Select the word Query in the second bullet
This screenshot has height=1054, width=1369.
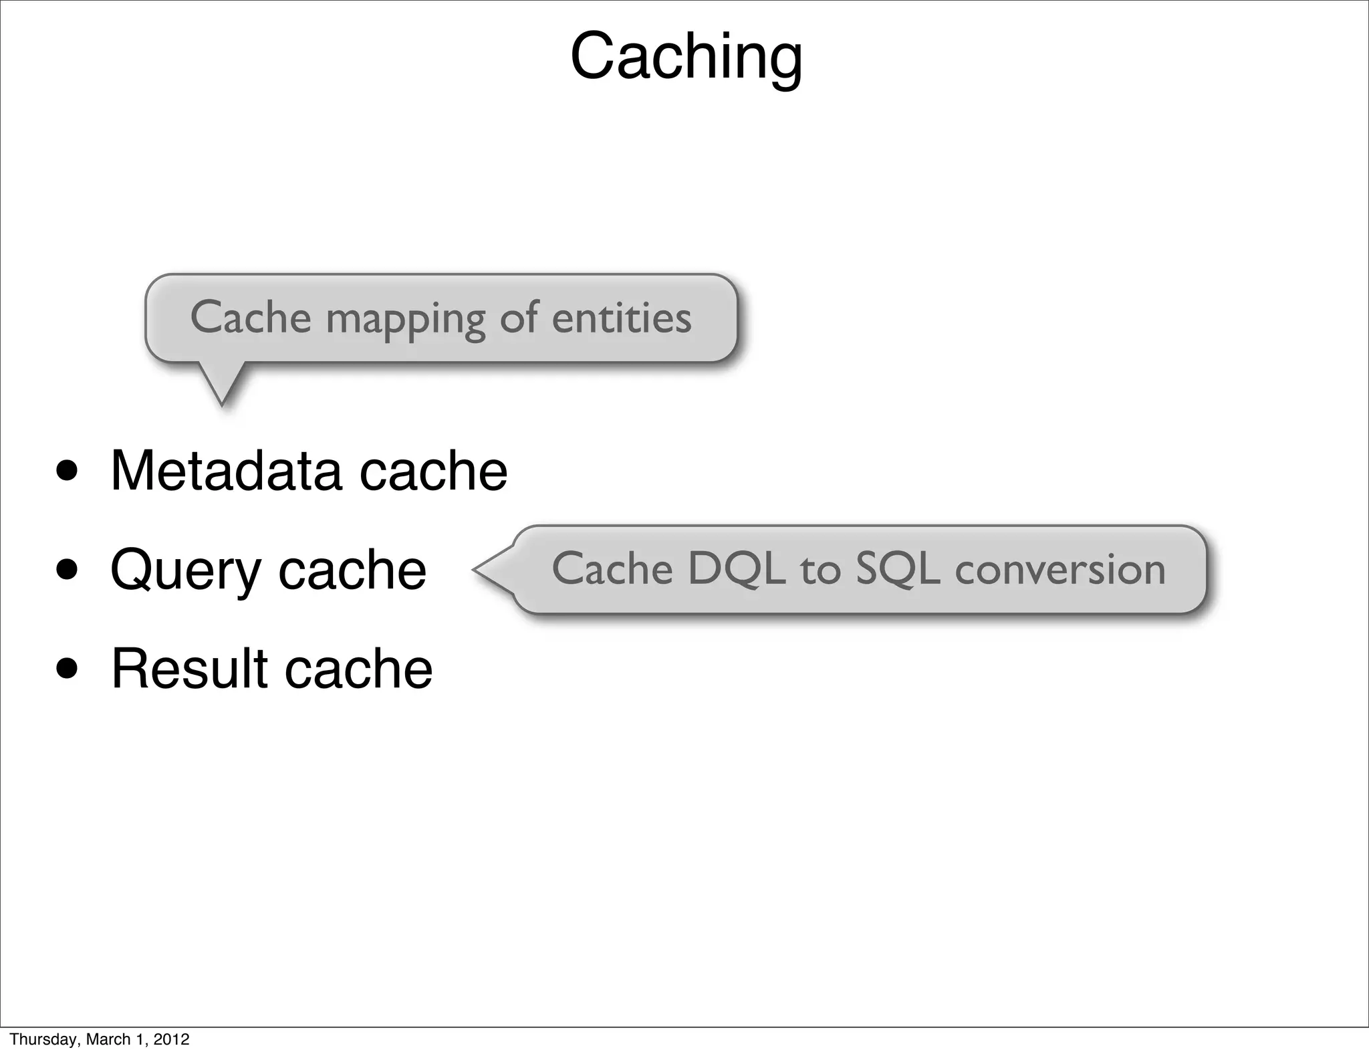[x=185, y=570]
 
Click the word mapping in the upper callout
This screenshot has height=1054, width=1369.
[x=405, y=319]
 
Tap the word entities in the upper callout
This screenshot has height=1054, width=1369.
[x=621, y=318]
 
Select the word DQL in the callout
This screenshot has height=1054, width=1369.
[x=736, y=569]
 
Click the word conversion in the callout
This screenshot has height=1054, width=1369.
[x=1060, y=570]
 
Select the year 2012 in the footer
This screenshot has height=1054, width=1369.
[x=172, y=1039]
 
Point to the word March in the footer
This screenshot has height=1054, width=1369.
[x=108, y=1039]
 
